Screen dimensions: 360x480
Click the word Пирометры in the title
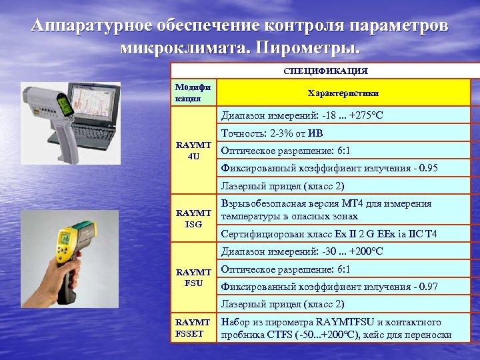(313, 48)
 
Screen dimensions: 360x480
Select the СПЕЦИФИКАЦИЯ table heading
(325, 71)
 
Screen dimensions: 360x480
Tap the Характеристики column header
(343, 94)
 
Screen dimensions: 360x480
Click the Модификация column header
(192, 93)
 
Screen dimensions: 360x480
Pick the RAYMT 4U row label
(193, 150)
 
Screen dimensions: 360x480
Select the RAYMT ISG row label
(193, 218)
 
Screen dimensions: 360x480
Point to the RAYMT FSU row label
(193, 277)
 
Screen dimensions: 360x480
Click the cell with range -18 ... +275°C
(302, 116)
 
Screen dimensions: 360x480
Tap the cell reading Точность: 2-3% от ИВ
(281, 134)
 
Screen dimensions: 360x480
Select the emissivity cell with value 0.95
(329, 168)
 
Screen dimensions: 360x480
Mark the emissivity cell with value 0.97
(329, 286)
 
